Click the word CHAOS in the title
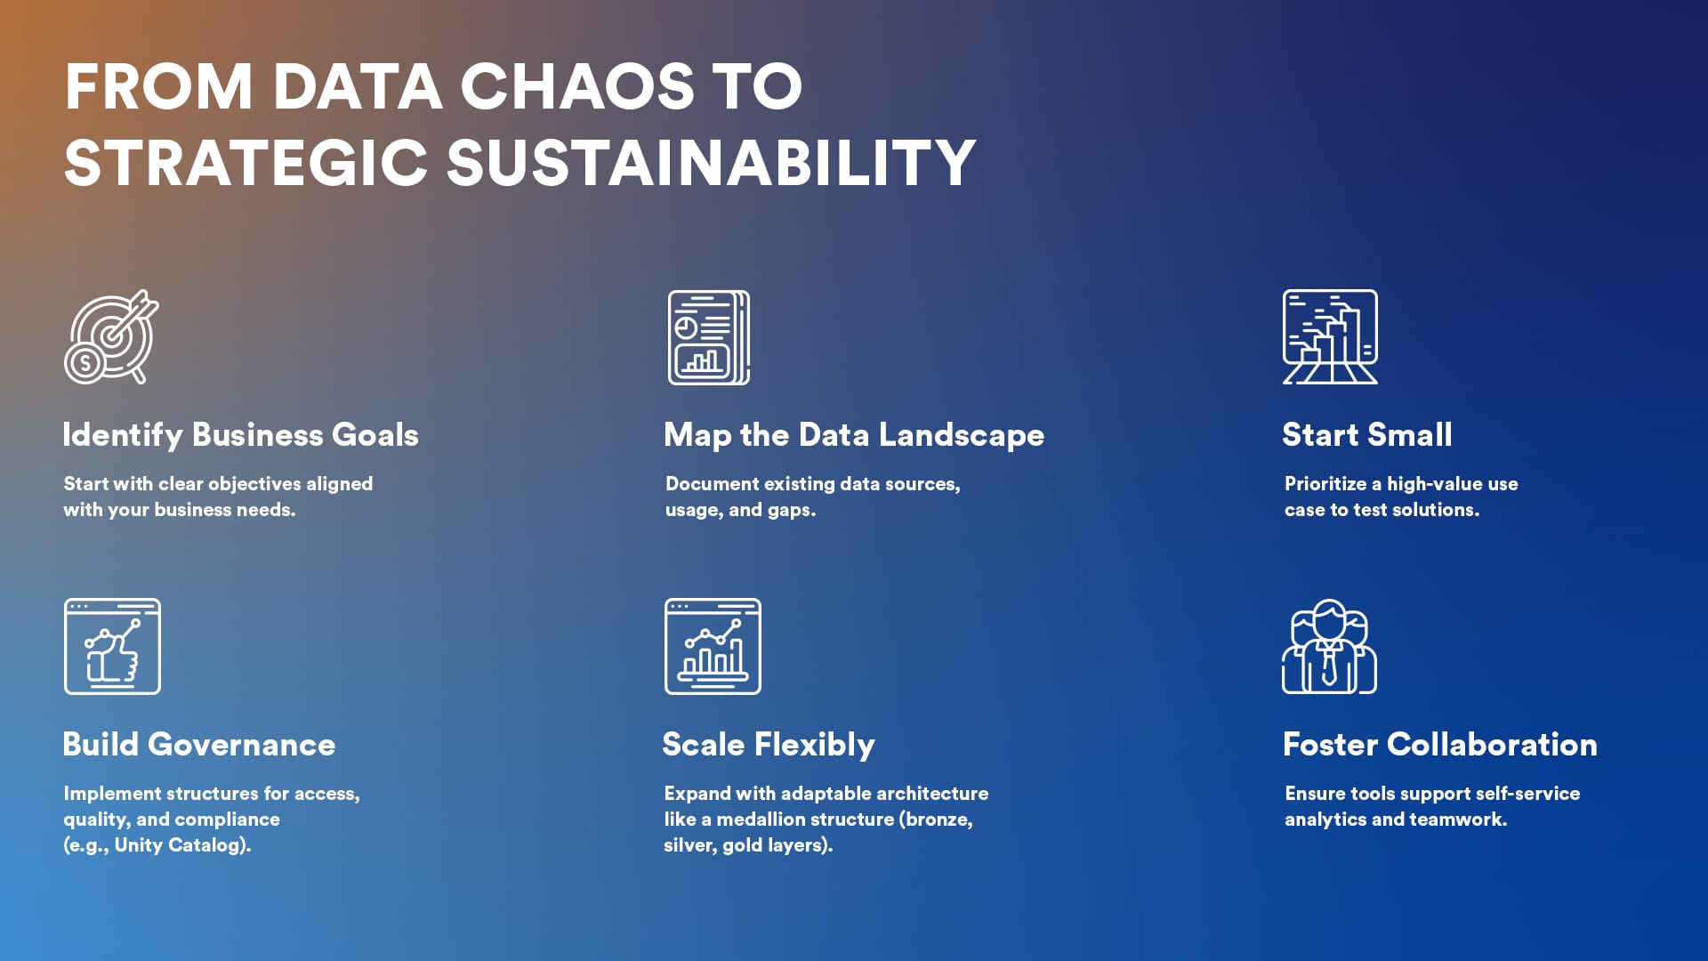click(577, 86)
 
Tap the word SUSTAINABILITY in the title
click(711, 163)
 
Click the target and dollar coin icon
click(112, 337)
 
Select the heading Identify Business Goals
click(240, 434)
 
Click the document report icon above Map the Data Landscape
click(709, 337)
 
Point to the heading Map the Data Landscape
click(854, 435)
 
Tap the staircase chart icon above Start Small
click(1330, 337)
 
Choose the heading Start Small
click(1367, 434)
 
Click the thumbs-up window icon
click(112, 646)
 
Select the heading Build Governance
click(199, 744)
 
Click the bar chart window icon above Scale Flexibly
click(713, 646)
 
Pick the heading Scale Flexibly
click(769, 745)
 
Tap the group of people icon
click(1329, 646)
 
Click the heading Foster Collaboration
click(1440, 744)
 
